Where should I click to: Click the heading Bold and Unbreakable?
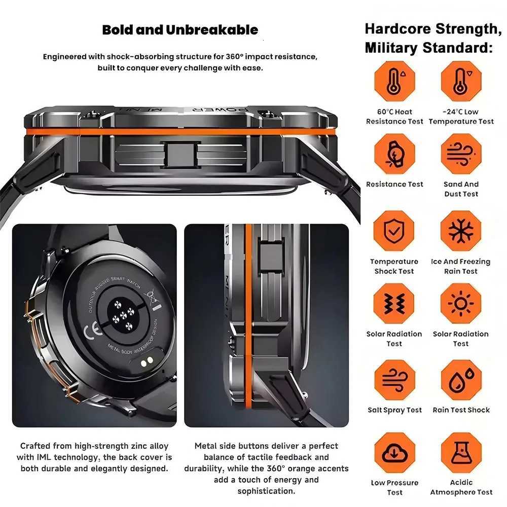(x=180, y=30)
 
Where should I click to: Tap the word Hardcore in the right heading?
(x=397, y=29)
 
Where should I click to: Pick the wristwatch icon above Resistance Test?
(x=394, y=154)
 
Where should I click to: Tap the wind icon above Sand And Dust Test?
(x=461, y=154)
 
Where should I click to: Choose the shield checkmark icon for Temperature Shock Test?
(x=394, y=231)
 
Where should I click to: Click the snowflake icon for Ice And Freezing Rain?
(x=461, y=231)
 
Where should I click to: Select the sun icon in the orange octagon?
(x=461, y=303)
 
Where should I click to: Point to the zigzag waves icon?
(x=394, y=303)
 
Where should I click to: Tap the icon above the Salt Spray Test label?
(x=394, y=380)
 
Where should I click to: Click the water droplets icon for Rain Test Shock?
(x=461, y=380)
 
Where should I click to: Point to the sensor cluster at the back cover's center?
(x=122, y=319)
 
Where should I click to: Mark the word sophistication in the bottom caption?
(x=266, y=491)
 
